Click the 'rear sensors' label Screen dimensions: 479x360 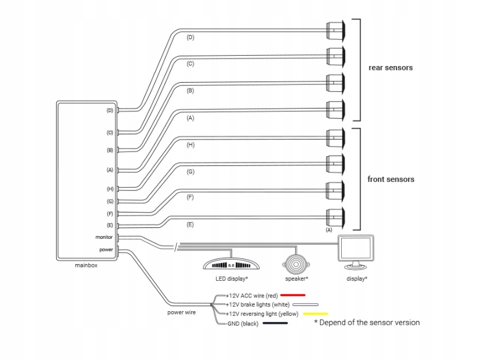click(391, 68)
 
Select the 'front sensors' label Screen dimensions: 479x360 click(391, 179)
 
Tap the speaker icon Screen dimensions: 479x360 click(296, 264)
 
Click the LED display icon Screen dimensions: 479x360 click(231, 265)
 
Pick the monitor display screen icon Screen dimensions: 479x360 click(356, 252)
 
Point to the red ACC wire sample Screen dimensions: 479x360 click(293, 295)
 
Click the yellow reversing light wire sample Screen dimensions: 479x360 click(315, 313)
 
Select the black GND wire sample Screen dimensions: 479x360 click(275, 323)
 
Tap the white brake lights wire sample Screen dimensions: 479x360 click(306, 304)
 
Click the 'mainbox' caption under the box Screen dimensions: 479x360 click(86, 265)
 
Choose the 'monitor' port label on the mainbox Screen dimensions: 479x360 click(104, 237)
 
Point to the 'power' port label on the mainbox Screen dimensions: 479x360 click(106, 250)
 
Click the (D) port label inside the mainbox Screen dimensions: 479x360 click(110, 110)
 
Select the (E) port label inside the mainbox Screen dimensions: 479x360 click(110, 225)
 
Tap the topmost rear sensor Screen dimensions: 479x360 click(336, 30)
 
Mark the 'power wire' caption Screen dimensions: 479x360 click(181, 312)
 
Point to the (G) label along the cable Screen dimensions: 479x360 click(190, 172)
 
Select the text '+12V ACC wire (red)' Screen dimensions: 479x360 click(252, 296)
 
